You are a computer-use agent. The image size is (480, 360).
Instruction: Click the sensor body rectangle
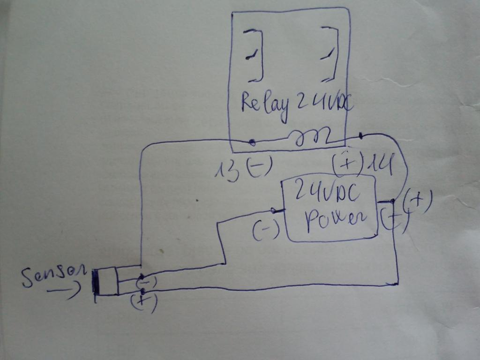(105, 281)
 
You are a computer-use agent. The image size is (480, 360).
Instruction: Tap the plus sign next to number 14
(348, 164)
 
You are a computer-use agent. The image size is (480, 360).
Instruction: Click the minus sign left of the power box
(266, 230)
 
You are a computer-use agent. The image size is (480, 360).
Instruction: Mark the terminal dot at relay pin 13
(252, 142)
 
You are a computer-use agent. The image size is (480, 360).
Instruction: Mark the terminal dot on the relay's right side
(361, 135)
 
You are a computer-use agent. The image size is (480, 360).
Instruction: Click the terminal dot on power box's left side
(273, 210)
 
